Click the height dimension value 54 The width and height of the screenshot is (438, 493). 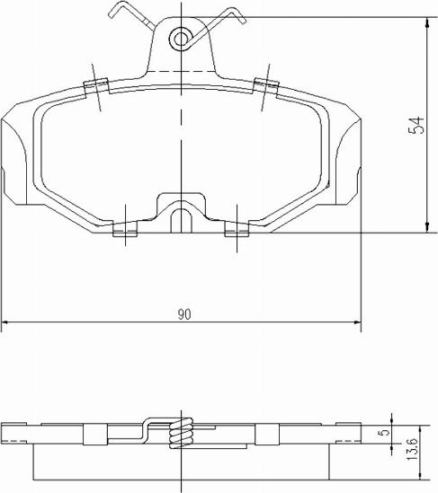[416, 125]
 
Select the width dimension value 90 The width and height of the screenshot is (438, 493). [183, 314]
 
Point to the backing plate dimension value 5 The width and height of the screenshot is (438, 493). [386, 433]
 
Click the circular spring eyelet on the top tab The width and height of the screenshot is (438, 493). [182, 37]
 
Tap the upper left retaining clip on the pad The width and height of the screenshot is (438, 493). [95, 86]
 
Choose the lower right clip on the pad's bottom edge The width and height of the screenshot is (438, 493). [236, 230]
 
